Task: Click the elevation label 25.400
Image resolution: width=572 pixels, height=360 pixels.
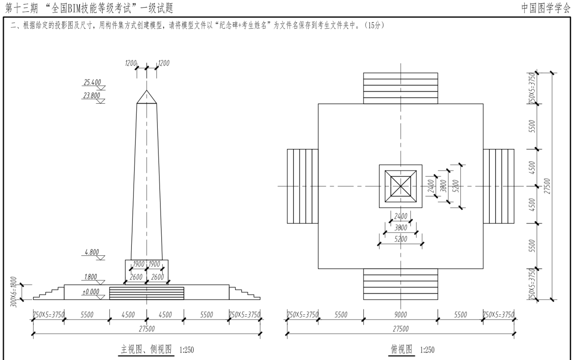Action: pyautogui.click(x=92, y=82)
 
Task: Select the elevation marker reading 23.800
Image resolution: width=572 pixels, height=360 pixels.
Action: pyautogui.click(x=92, y=95)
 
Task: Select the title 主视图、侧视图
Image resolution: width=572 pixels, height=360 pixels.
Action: pyautogui.click(x=146, y=349)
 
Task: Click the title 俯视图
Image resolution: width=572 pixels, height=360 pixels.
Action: pyautogui.click(x=401, y=349)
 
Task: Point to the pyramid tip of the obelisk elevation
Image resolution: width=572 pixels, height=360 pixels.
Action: pyautogui.click(x=147, y=91)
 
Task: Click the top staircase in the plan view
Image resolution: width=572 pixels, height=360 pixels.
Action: pyautogui.click(x=400, y=88)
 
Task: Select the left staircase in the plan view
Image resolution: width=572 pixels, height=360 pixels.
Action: pyautogui.click(x=303, y=186)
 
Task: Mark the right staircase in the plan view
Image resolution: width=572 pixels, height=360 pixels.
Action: pyautogui.click(x=498, y=186)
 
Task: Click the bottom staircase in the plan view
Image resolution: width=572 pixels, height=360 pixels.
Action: pyautogui.click(x=400, y=284)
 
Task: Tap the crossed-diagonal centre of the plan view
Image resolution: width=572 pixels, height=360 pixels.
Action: pyautogui.click(x=400, y=186)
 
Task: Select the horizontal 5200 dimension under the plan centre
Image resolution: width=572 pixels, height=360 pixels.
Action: pyautogui.click(x=400, y=239)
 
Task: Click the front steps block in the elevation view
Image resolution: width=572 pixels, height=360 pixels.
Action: pyautogui.click(x=147, y=293)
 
